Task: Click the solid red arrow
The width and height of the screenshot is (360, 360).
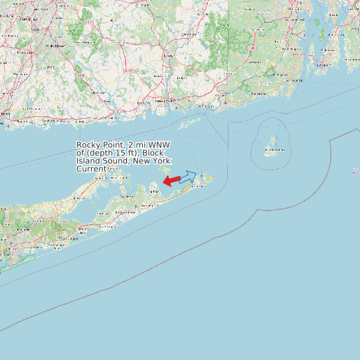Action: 171,181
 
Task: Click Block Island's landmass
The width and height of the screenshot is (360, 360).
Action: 271,143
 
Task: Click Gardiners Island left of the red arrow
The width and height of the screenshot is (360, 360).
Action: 161,174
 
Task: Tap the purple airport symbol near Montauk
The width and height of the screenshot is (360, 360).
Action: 202,175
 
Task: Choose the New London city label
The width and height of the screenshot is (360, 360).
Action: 165,100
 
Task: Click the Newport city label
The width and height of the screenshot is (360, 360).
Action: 323,66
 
